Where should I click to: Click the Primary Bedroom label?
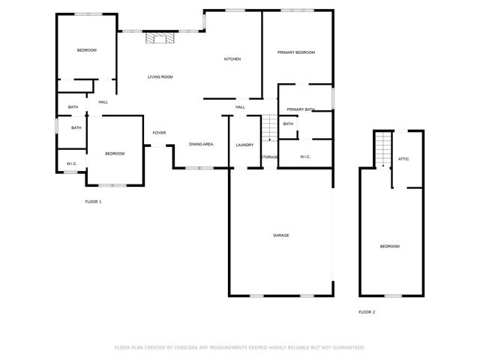(295, 52)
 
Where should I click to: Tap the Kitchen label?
(232, 59)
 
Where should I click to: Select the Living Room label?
(160, 77)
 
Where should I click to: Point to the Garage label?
(280, 235)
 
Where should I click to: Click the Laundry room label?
(244, 145)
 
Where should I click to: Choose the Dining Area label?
(201, 144)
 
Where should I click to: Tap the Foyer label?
(159, 133)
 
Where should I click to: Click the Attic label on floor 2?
(403, 159)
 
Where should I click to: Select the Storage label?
(270, 157)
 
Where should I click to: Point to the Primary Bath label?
(300, 109)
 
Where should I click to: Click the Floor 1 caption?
(93, 202)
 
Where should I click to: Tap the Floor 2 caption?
(367, 311)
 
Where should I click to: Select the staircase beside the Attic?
(383, 148)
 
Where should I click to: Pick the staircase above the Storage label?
(270, 128)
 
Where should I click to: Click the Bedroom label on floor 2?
(389, 247)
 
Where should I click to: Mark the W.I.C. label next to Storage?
(305, 157)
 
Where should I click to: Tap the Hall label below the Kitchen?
(240, 107)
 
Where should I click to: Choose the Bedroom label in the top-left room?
(87, 50)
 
